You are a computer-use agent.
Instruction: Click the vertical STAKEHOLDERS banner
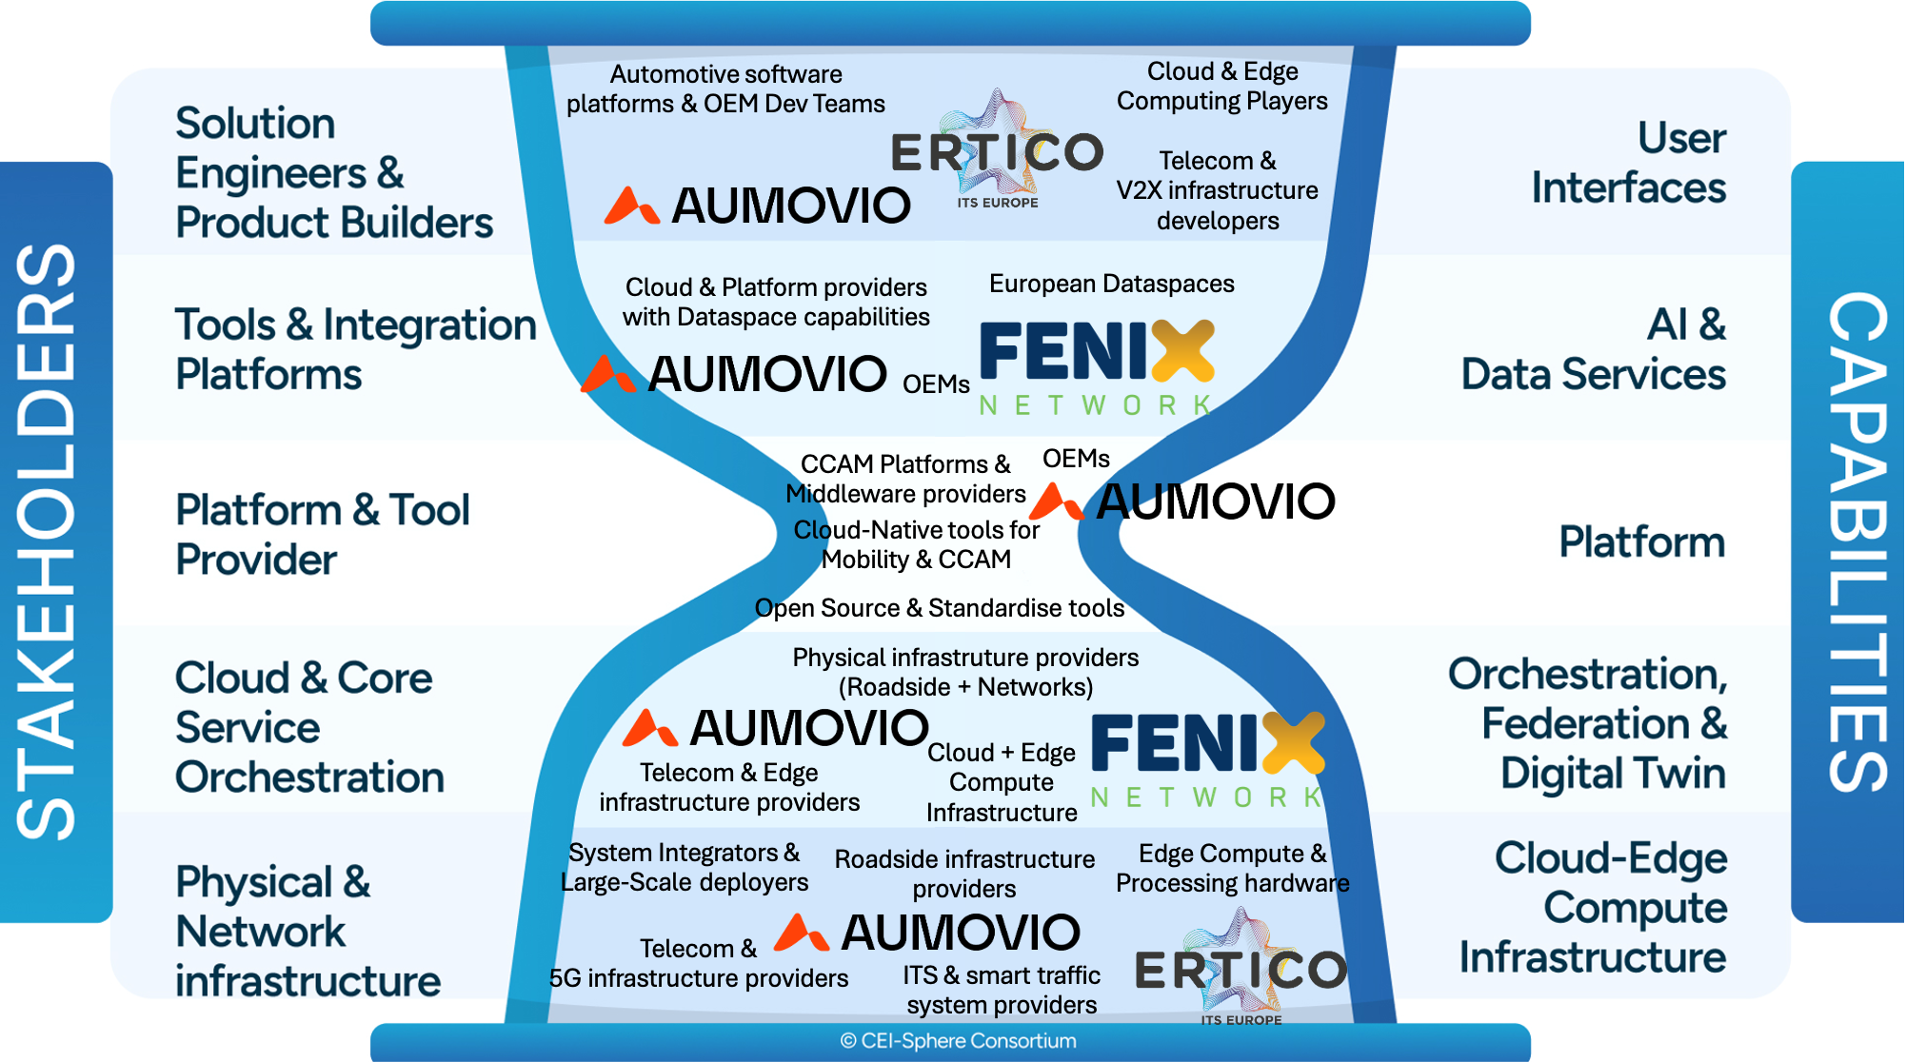coord(48,542)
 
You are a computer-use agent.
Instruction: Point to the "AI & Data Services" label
coord(1594,349)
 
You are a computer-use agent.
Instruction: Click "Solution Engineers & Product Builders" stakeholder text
coord(333,172)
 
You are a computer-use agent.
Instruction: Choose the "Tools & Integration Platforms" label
coord(355,349)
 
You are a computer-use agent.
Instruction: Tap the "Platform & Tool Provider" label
coord(322,534)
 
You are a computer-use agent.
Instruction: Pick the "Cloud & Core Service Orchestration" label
coord(309,727)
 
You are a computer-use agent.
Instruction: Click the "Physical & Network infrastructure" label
coord(308,931)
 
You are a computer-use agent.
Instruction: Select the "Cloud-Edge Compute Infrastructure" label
coord(1594,907)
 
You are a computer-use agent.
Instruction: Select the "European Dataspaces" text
coord(1111,284)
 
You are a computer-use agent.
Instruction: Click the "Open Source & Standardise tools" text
coord(939,608)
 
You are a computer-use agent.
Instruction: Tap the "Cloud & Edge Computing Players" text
coord(1221,86)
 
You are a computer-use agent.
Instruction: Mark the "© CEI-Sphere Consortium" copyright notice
coord(958,1041)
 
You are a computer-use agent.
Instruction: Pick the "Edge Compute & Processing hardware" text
coord(1232,868)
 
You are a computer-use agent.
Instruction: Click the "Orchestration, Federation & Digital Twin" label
coord(1587,723)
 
